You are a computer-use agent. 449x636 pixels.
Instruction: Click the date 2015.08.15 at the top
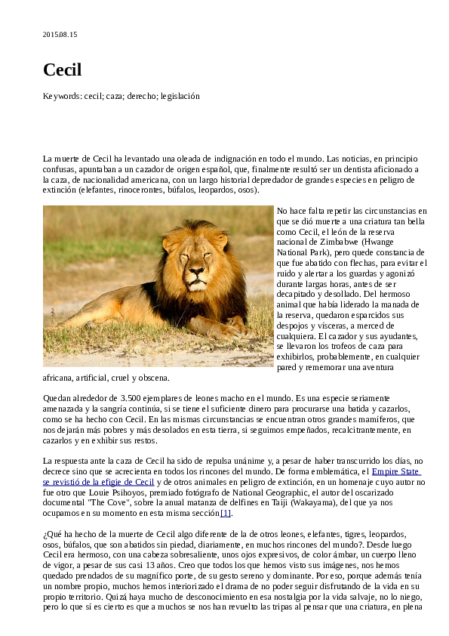coord(60,35)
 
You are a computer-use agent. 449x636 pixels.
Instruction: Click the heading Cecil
coord(62,70)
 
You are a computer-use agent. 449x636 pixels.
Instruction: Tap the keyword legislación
coord(179,97)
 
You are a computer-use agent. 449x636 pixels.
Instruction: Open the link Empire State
coord(396,472)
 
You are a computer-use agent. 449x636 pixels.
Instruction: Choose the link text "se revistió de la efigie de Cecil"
coord(98,482)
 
